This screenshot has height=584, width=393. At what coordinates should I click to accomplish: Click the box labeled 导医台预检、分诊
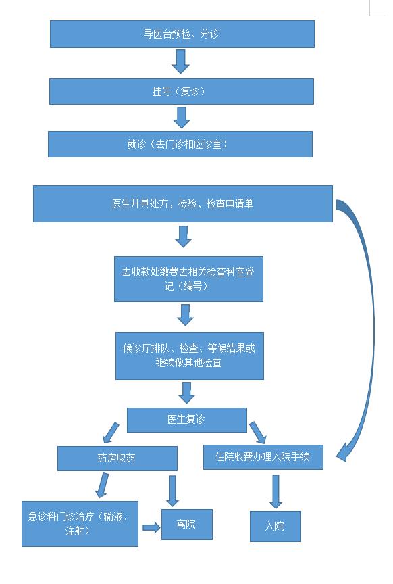182,34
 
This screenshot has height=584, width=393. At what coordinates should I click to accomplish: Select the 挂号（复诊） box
182,91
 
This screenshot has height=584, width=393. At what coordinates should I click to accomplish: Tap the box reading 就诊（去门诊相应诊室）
180,144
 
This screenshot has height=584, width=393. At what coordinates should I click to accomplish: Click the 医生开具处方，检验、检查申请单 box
183,203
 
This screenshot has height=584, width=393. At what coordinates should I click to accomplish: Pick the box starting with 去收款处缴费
188,279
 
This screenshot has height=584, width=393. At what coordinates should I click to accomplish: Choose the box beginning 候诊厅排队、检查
190,356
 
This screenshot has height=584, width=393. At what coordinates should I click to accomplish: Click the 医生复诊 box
187,420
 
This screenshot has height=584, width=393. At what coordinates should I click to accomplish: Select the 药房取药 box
117,458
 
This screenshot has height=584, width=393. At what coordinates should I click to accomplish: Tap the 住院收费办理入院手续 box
263,457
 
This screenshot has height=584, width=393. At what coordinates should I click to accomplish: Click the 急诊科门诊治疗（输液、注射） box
80,524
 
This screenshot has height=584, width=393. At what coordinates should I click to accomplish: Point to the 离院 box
187,525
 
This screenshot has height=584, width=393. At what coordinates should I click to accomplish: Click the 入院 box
276,527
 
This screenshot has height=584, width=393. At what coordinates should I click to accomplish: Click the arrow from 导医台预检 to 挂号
181,62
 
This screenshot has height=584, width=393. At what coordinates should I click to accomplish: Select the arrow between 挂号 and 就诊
182,118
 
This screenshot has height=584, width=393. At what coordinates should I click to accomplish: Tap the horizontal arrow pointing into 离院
151,527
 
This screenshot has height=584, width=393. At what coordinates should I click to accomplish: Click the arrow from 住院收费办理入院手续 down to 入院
276,491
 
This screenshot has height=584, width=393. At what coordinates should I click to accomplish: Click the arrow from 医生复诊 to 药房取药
111,433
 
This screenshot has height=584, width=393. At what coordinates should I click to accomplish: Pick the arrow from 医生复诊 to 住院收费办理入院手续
257,433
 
